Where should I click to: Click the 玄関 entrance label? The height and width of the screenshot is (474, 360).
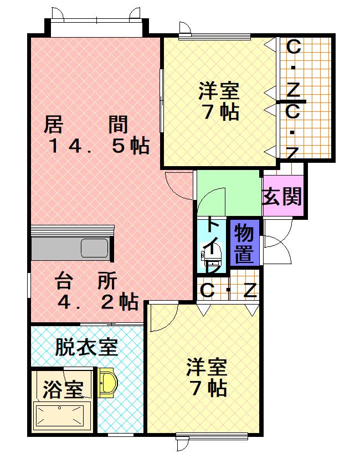[282, 196]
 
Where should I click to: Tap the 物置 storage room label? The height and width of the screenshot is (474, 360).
[244, 244]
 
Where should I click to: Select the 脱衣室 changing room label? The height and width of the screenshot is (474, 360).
[86, 348]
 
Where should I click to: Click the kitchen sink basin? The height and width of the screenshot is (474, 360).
[95, 248]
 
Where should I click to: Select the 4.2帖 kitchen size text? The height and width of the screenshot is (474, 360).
[98, 302]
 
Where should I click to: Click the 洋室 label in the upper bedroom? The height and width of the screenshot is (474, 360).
[219, 90]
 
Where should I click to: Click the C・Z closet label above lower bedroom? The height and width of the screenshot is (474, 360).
[228, 290]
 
